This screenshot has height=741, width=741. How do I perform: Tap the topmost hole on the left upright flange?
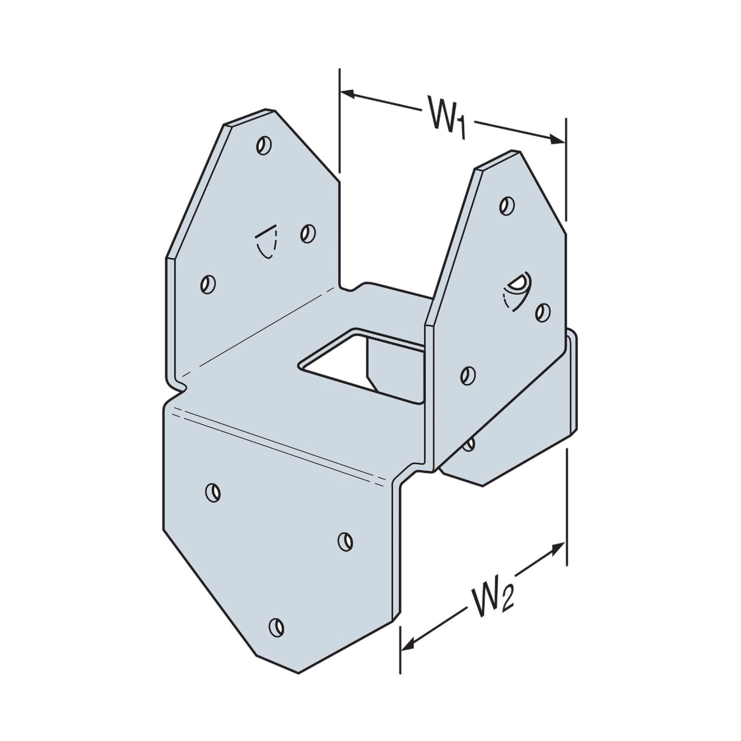point(264,145)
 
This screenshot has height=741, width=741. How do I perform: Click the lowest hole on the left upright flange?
point(208,284)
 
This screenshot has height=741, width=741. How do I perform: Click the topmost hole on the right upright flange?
point(507,205)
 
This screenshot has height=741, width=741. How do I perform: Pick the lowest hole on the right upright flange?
point(468,375)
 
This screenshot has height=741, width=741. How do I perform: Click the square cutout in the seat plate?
point(361,366)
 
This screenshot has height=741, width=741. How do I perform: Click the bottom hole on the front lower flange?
point(276,627)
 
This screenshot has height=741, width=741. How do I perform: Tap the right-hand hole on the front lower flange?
point(345,541)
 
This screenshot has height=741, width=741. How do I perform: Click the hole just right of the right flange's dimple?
point(543,313)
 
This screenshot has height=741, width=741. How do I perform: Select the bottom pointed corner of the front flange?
point(299,672)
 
